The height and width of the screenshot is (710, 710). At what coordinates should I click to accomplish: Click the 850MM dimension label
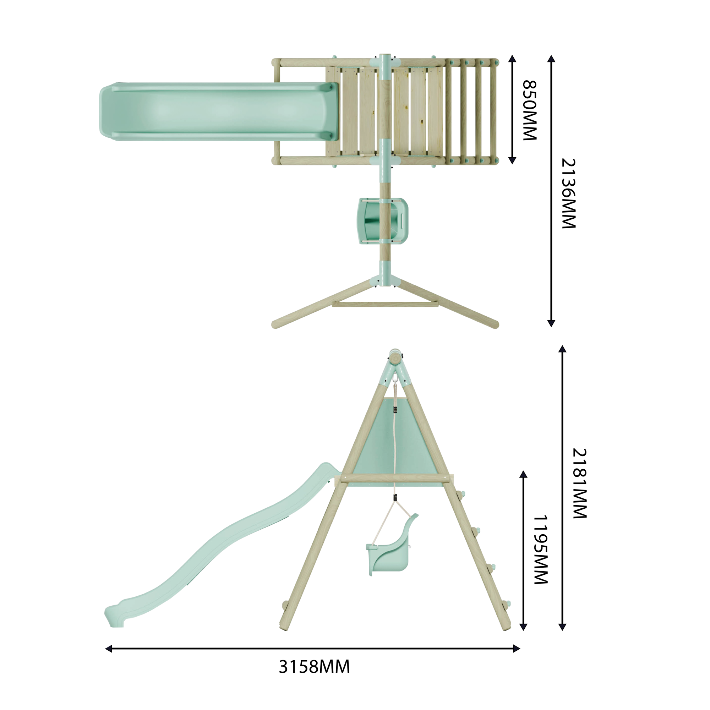tap(530, 110)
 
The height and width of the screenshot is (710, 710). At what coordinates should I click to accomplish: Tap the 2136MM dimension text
tap(568, 194)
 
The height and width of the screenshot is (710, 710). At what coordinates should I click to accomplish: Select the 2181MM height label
tap(580, 483)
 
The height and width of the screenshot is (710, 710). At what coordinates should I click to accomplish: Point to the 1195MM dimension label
tap(541, 550)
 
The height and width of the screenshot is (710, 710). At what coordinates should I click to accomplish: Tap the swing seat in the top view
tap(383, 221)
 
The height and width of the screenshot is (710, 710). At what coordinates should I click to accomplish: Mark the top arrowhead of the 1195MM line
tap(524, 474)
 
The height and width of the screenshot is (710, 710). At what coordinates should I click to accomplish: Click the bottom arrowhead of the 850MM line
tap(512, 160)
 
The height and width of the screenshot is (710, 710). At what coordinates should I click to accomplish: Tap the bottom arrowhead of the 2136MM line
tap(551, 323)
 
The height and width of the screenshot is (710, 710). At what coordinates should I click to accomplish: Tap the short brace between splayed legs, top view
tap(385, 304)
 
